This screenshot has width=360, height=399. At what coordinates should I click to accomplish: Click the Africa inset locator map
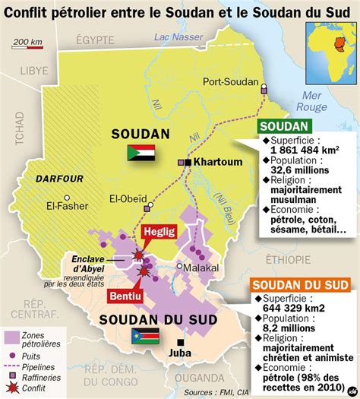pyautogui.click(x=330, y=48)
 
